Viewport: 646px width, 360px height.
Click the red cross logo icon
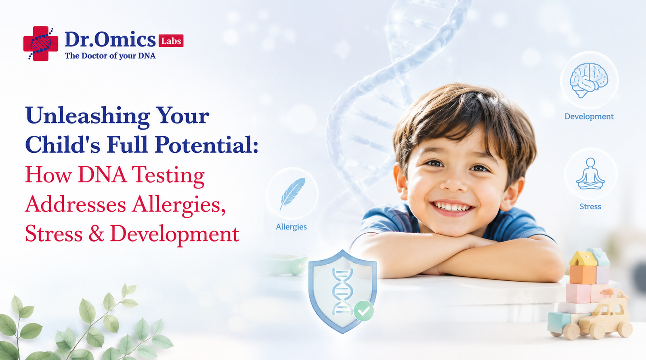41,44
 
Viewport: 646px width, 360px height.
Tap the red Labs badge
171,41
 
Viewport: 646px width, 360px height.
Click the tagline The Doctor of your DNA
110,56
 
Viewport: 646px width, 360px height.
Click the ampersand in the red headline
96,234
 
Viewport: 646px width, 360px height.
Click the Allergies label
291,227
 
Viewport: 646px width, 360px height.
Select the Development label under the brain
589,116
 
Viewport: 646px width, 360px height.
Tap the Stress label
590,207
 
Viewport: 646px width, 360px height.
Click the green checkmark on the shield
364,311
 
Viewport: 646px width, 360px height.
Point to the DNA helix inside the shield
342,292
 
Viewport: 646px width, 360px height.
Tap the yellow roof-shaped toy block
583,259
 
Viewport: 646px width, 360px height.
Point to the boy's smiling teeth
452,207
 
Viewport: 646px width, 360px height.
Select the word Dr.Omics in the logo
110,40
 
